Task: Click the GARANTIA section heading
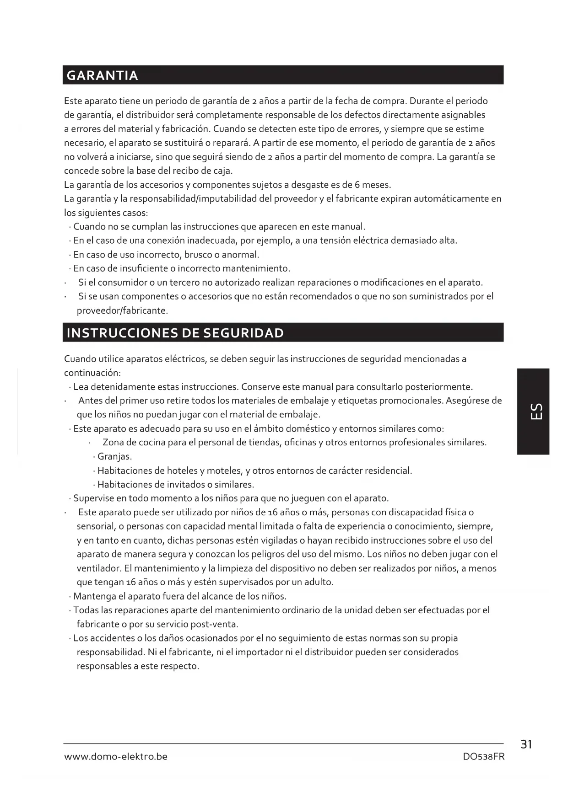[x=102, y=75]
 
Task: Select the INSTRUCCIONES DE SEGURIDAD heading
[x=175, y=333]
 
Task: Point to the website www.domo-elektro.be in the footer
[x=116, y=757]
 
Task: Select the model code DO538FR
[x=483, y=757]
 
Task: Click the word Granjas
[x=114, y=457]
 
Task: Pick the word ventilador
[x=98, y=568]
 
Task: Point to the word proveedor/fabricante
[x=122, y=311]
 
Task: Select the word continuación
[x=92, y=373]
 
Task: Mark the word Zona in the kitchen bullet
[x=113, y=443]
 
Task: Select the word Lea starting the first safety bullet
[x=81, y=387]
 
